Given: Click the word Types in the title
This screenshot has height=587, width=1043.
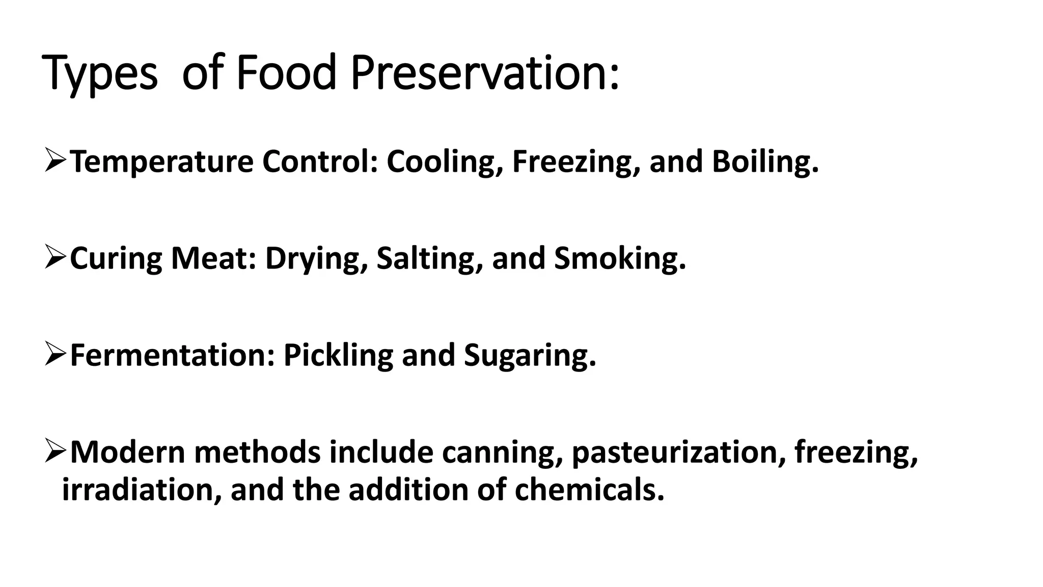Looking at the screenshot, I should pyautogui.click(x=100, y=74).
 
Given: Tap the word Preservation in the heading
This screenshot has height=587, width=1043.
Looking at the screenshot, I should pyautogui.click(x=484, y=74).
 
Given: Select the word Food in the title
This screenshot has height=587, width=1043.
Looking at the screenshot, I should pyautogui.click(x=286, y=74).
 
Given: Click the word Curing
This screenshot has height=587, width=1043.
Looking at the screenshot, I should pyautogui.click(x=116, y=259).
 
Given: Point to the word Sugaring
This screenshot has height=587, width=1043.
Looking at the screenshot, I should pyautogui.click(x=530, y=355).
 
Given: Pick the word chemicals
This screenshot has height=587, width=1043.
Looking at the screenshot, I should pyautogui.click(x=589, y=490).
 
